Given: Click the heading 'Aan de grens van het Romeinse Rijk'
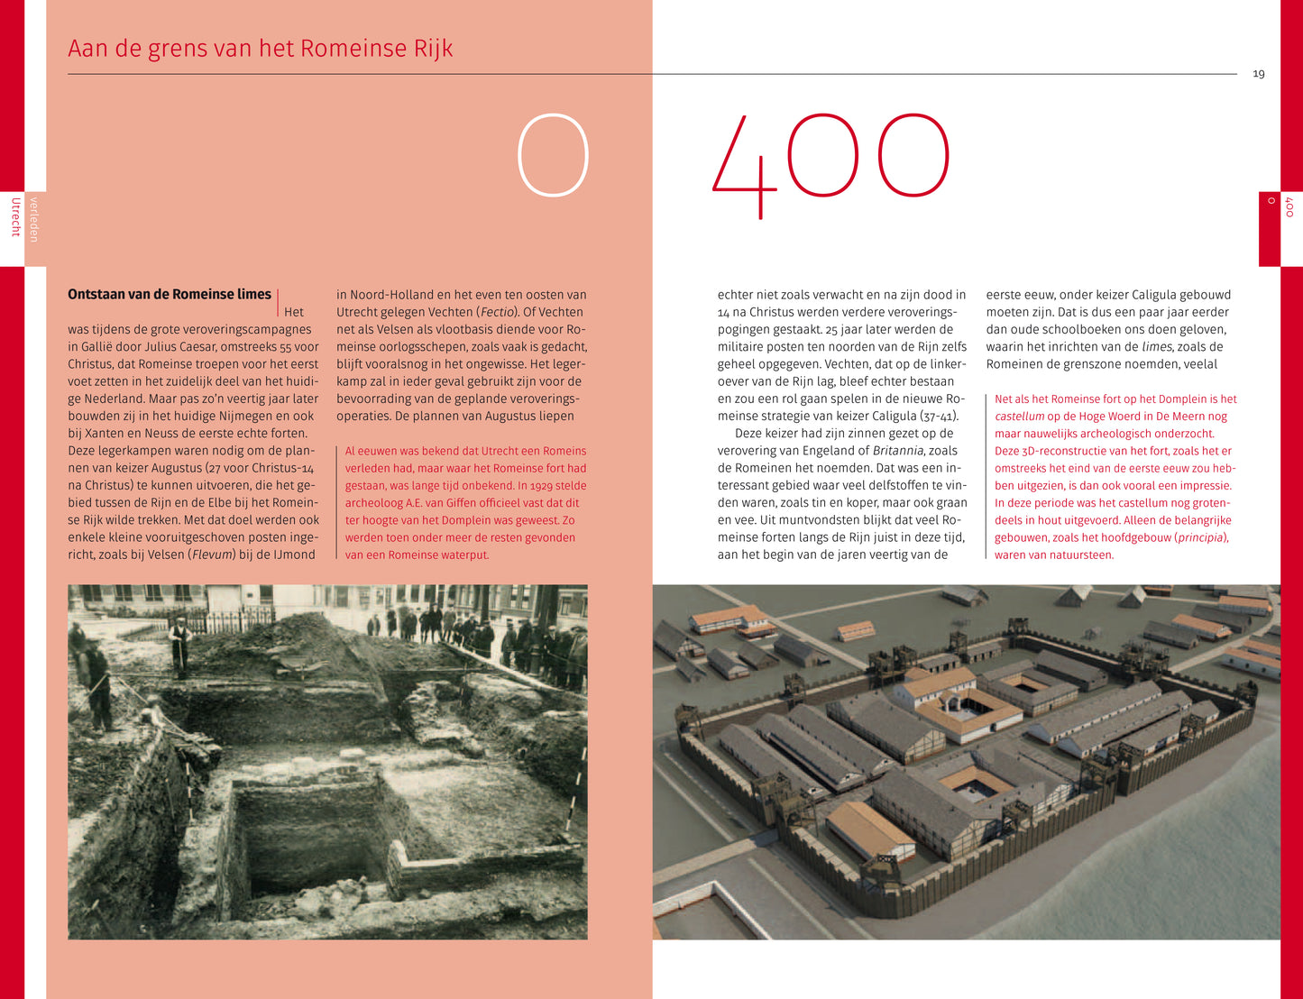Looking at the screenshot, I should point(260,48).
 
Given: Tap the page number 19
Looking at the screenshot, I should point(1259,74).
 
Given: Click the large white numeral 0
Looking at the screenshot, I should point(553,155).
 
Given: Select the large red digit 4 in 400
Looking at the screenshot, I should point(745,167).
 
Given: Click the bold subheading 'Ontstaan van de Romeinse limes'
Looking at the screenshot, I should point(170,294).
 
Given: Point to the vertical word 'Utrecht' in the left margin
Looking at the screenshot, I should point(14,216).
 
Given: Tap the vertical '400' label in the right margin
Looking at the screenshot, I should point(1289,207).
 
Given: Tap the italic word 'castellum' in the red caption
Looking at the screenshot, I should point(1019,417).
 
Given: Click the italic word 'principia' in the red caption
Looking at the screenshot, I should point(1200,537).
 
